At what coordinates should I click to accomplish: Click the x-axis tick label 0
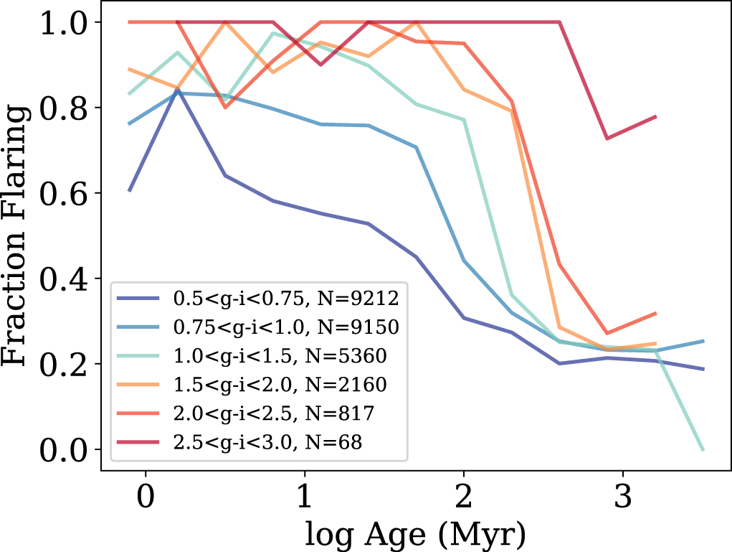point(146,497)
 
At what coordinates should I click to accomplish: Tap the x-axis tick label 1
point(305,497)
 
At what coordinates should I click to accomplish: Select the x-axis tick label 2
point(464,497)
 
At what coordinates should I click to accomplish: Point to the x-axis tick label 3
point(622,497)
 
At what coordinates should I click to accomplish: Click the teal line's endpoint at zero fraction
point(703,449)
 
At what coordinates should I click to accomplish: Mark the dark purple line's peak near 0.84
point(177,91)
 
